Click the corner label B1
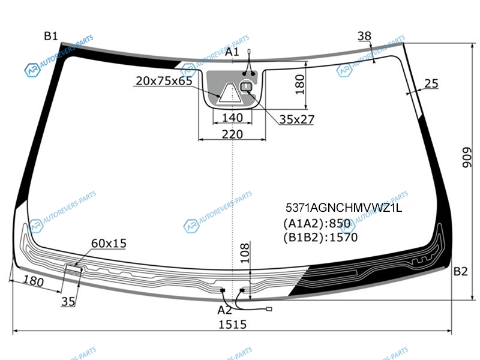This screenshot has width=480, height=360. tap(51, 36)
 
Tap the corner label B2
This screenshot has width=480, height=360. tap(460, 271)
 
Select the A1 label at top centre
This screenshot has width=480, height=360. tap(232, 52)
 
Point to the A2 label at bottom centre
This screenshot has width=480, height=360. tap(224, 310)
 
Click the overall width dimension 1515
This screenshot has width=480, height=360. tap(232, 324)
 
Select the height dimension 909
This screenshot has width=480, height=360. tap(467, 158)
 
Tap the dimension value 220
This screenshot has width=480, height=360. tap(232, 134)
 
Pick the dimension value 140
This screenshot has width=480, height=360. tap(232, 118)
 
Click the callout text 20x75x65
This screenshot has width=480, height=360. tap(164, 81)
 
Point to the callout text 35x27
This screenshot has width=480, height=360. tap(296, 119)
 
